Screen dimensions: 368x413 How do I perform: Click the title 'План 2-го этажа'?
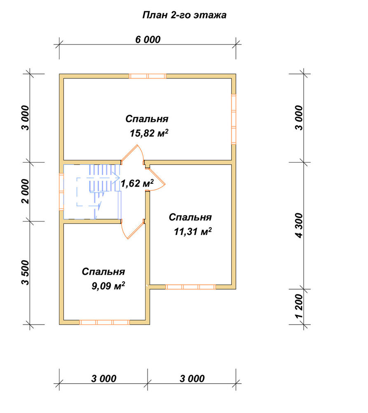click(184, 15)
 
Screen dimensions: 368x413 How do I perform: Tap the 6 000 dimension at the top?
click(148, 40)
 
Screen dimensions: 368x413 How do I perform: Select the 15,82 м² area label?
click(149, 133)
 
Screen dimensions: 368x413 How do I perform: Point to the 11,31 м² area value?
click(193, 232)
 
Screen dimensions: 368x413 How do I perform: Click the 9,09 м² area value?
click(108, 286)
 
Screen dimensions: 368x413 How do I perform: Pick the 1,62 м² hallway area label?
click(137, 183)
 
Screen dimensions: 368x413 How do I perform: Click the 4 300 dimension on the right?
click(300, 226)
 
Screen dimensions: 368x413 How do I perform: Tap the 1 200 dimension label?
click(300, 306)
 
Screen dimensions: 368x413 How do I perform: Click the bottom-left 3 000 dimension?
click(103, 379)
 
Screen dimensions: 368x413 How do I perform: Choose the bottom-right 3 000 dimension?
click(192, 379)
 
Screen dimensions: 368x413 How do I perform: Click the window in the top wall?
click(148, 76)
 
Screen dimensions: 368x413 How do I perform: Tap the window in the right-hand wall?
click(234, 119)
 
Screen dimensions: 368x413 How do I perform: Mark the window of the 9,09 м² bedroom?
click(104, 322)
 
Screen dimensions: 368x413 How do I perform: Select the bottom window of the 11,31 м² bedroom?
click(190, 287)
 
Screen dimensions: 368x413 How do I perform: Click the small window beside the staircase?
click(61, 192)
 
